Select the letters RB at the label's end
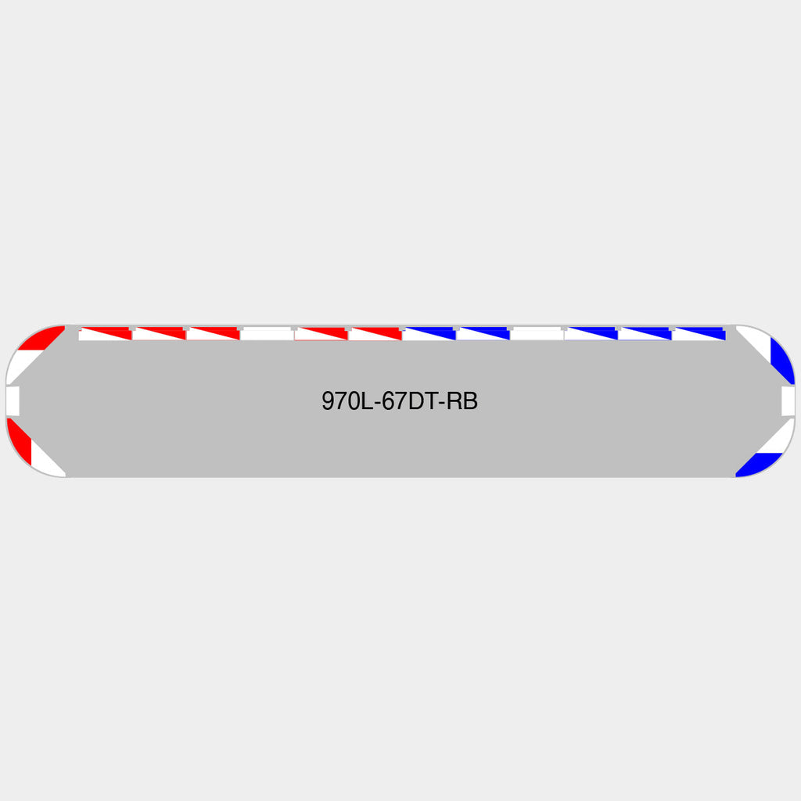tap(462, 401)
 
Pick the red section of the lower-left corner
tap(20, 440)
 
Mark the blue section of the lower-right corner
tap(759, 465)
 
